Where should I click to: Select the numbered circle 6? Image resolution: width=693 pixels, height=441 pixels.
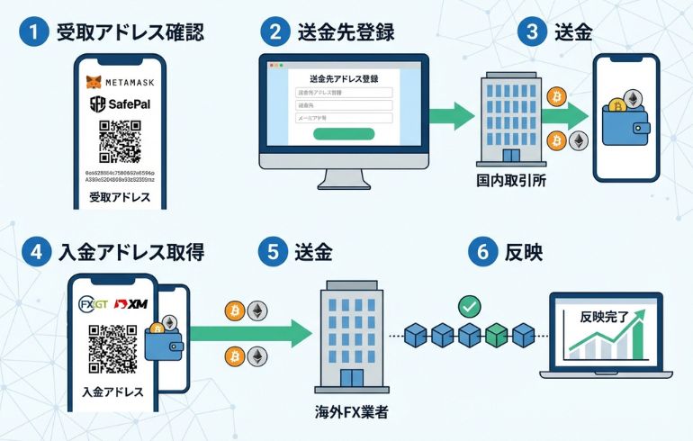(x=481, y=252)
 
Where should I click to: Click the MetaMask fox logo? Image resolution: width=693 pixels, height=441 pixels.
(x=93, y=82)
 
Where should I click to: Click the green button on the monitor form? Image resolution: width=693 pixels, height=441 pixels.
(x=343, y=134)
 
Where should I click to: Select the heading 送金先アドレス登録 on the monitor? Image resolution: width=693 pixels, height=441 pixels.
(x=343, y=78)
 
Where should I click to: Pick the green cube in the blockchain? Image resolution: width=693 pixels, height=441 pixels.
(x=497, y=337)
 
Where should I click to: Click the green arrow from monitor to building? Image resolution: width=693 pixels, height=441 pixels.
(x=450, y=115)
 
